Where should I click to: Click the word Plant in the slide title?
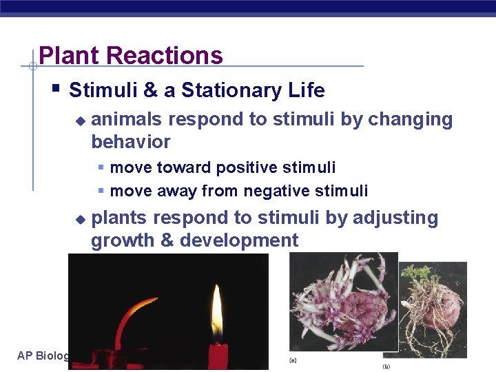(65, 55)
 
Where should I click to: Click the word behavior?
(130, 142)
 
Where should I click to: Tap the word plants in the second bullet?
(119, 218)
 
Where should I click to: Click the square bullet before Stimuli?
(56, 88)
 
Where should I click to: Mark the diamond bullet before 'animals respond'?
(80, 121)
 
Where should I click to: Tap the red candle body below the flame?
(218, 353)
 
